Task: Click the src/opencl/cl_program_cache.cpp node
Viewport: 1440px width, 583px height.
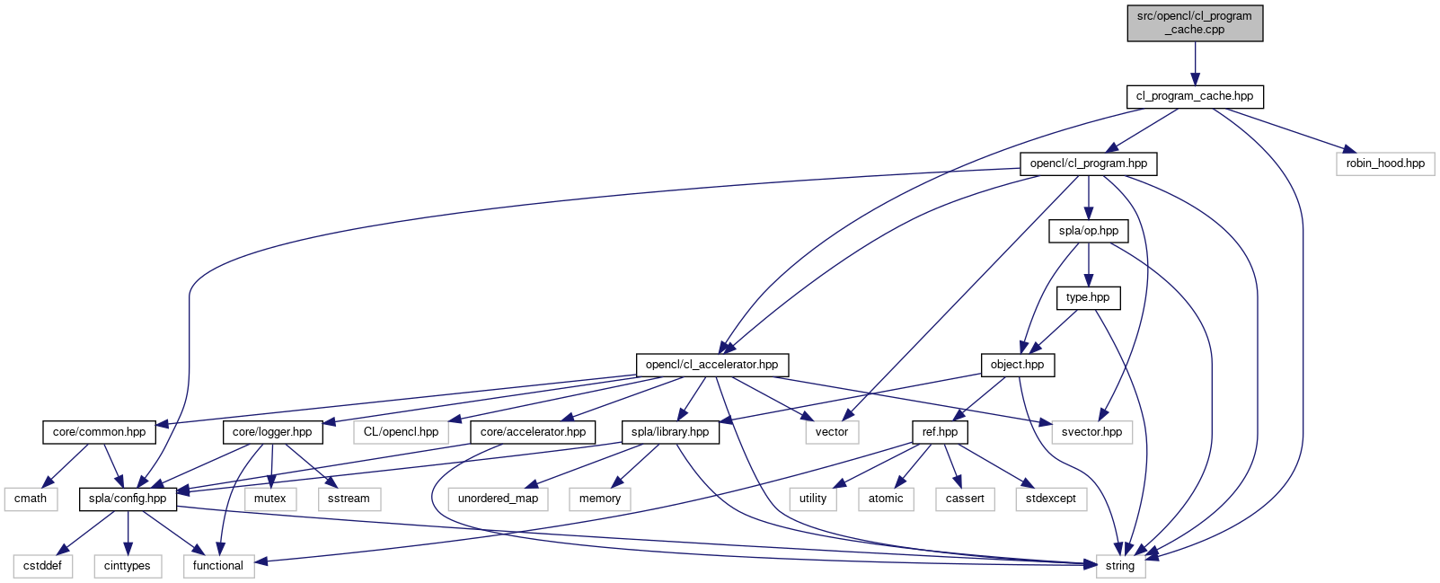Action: pos(1195,22)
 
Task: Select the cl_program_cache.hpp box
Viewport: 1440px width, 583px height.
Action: pos(1195,96)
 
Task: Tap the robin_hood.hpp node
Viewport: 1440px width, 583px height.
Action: pos(1385,163)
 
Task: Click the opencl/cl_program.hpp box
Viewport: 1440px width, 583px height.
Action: pos(1089,163)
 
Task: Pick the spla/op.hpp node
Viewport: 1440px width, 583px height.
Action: pos(1089,231)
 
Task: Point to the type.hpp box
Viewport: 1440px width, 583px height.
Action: pos(1088,297)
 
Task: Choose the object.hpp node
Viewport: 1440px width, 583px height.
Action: pos(1017,365)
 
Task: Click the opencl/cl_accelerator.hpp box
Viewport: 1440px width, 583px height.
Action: pos(712,365)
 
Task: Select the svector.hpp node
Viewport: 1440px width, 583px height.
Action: pos(1091,432)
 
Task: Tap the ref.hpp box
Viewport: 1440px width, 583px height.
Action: pos(940,432)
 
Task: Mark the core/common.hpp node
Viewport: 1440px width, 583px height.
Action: pos(99,432)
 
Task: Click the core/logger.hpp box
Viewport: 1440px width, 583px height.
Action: pos(272,432)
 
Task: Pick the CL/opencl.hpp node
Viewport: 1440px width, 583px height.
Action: pos(401,432)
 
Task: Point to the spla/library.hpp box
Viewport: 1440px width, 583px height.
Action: pos(670,432)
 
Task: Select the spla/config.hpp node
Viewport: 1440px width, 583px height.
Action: pos(128,499)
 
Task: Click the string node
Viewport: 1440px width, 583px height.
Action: pos(1120,566)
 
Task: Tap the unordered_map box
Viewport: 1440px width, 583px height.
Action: pos(498,499)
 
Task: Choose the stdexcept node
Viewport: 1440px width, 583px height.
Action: pos(1051,499)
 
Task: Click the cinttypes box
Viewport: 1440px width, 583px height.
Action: pos(128,566)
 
